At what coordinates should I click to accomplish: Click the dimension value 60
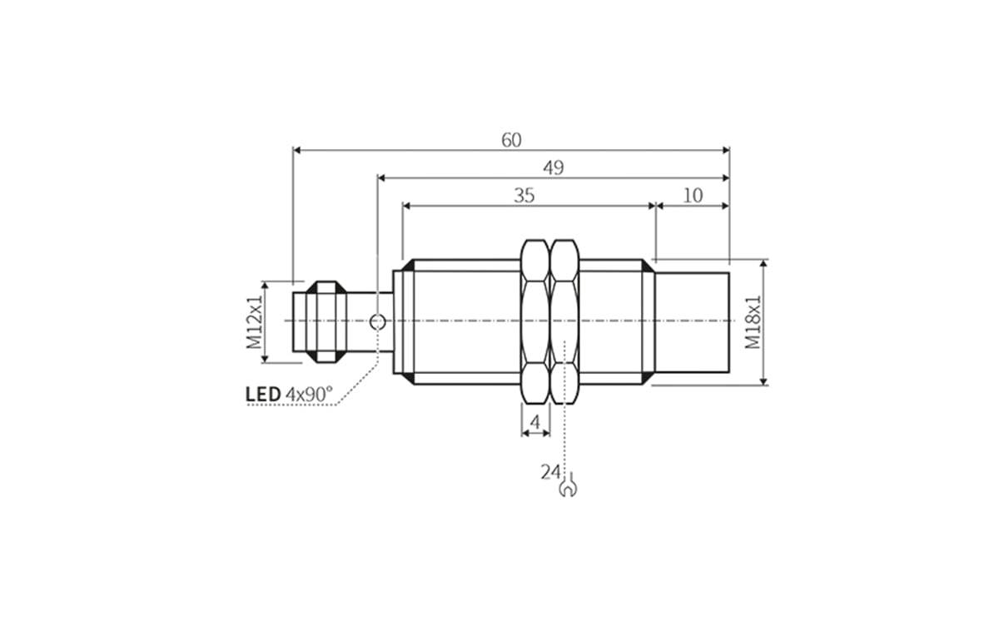tap(511, 140)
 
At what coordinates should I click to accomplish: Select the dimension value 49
tap(554, 167)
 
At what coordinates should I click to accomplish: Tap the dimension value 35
tap(524, 196)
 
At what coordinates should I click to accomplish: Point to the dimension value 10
tap(693, 196)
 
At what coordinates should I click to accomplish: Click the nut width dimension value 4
tap(535, 422)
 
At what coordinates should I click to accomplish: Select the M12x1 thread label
tap(254, 321)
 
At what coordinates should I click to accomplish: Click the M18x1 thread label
tap(753, 321)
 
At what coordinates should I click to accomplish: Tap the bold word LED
tap(263, 393)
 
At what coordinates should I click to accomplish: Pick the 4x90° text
tap(309, 393)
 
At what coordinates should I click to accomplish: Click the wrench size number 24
tap(549, 472)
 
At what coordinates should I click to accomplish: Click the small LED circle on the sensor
tap(377, 321)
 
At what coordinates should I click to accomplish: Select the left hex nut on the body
tap(534, 321)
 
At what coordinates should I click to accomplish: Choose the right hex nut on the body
tap(565, 321)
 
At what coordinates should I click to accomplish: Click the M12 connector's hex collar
tap(326, 321)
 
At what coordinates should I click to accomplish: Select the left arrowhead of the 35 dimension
tap(406, 206)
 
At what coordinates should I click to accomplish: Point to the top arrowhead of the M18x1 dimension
tap(764, 263)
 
